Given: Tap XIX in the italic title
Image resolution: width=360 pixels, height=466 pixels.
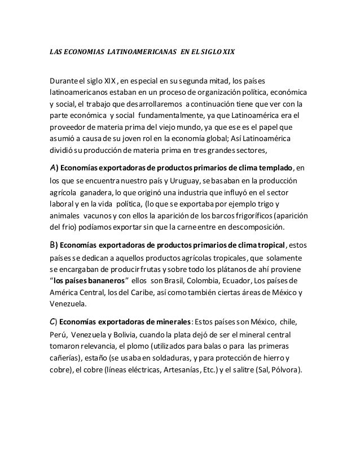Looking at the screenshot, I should click(x=226, y=52).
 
